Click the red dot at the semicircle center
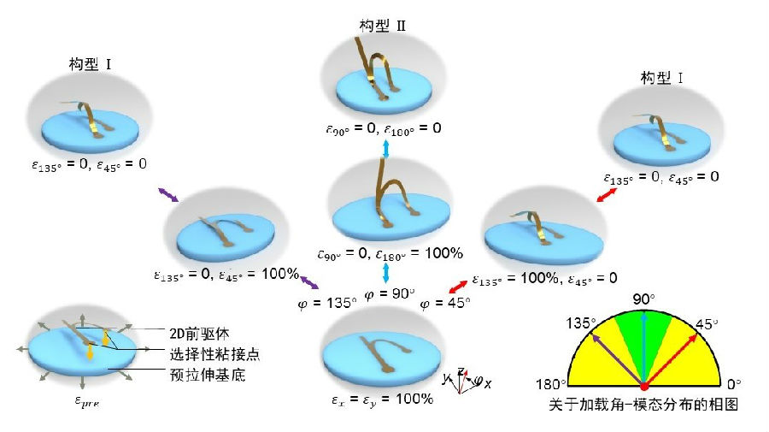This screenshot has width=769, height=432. (643, 386)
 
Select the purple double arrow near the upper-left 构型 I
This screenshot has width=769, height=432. (167, 196)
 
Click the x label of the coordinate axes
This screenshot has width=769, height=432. (488, 384)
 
